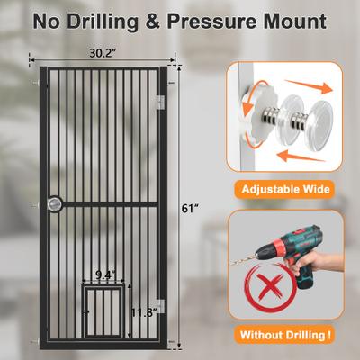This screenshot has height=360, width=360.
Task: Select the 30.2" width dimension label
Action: coord(103,53)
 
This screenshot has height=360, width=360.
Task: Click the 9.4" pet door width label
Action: coord(105,274)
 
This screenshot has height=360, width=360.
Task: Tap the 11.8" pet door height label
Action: coord(144,312)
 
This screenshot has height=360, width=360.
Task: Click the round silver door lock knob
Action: coord(55,204)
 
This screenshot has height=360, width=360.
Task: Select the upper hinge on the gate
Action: coord(161,103)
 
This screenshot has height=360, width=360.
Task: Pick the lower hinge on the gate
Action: coord(161,306)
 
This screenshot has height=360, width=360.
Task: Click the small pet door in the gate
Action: coord(103,311)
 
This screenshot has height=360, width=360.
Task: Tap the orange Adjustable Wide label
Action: coord(286,189)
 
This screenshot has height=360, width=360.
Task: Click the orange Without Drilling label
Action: coord(286,335)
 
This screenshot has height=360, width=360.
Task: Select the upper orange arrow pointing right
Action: coord(309,86)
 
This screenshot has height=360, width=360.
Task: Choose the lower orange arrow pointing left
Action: coord(301,156)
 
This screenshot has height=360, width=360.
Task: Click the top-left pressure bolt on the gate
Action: coord(35,82)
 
